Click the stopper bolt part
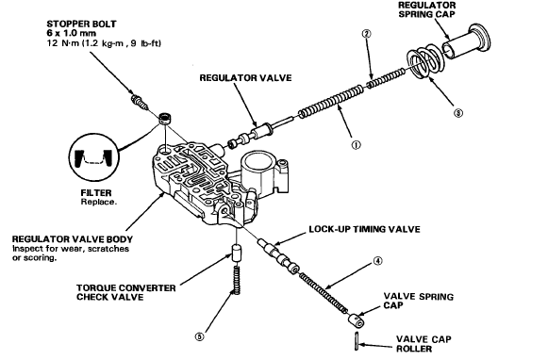pos(140,102)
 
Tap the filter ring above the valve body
pos(165,119)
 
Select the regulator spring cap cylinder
pos(467,43)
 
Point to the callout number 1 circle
pos(357,145)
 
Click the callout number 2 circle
pos(367,34)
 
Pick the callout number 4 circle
pos(378,261)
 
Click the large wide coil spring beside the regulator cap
pos(424,62)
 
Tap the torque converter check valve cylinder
pos(238,254)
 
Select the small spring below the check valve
pos(237,278)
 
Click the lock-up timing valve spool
pos(278,256)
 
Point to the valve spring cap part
pos(357,319)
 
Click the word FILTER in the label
pos(96,193)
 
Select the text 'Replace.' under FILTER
pos(98,202)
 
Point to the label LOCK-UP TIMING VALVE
pos(364,229)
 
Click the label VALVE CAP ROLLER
pos(423,344)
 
